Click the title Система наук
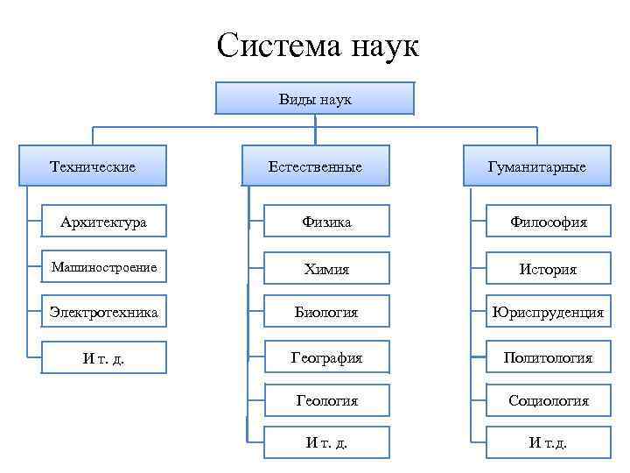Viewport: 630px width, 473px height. coord(318,46)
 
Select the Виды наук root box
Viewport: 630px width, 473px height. coord(315,99)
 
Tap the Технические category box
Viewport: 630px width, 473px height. coord(93,166)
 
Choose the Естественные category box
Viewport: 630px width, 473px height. coord(315,166)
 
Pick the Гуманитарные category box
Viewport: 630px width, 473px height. coord(537,166)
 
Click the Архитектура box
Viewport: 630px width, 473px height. coord(103,222)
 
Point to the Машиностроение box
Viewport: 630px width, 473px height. coord(103,267)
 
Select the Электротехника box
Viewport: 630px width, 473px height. coord(103,312)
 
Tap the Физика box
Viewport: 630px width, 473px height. coord(326,222)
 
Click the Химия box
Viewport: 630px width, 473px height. coord(326,268)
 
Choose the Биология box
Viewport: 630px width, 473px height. coord(326,312)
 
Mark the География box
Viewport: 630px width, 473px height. coord(326,357)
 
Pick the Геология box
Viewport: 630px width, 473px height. coord(326,400)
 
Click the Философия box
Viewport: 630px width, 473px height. coord(549,222)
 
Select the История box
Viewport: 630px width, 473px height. coord(549,268)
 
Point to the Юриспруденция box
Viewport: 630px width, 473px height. coord(549,312)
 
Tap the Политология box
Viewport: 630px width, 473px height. coord(549,357)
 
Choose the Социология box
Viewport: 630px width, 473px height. coord(549,400)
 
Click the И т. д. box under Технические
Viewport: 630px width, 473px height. coord(103,357)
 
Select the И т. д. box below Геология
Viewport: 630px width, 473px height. coord(326,442)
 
